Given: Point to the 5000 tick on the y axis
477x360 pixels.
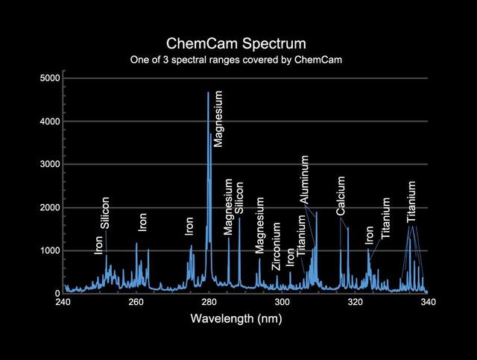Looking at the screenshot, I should [x=52, y=78].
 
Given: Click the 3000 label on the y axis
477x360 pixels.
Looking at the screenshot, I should [x=52, y=165].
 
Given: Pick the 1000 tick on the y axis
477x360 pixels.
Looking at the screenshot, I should [x=52, y=251].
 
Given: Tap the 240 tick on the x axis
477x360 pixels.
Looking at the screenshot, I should [x=63, y=302].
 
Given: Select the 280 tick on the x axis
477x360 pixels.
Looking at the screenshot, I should [x=209, y=302].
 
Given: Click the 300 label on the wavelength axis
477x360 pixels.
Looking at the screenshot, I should [x=282, y=302].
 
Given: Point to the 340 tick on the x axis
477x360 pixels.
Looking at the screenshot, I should [x=428, y=302].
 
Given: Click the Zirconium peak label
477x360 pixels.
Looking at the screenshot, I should [x=277, y=247].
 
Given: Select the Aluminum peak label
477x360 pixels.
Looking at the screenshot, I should [x=305, y=181].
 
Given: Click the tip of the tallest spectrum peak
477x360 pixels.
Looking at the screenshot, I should [x=208, y=92].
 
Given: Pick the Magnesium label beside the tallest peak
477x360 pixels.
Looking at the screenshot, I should [x=218, y=119].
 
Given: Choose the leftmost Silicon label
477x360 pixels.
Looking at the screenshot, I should [x=105, y=213].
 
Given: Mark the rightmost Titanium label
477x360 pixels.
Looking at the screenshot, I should [x=411, y=201].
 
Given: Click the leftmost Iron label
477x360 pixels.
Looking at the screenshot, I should [x=99, y=244].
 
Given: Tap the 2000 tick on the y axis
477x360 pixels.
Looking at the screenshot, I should [x=52, y=208].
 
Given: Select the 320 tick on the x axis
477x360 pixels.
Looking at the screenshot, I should [x=355, y=302].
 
